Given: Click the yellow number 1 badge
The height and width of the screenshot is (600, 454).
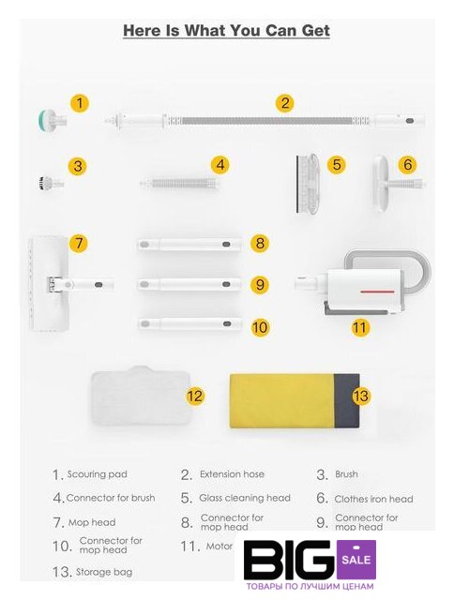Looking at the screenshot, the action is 79,103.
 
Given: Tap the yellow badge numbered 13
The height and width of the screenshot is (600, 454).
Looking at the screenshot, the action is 360,396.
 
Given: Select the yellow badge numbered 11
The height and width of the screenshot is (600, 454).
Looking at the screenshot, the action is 360,327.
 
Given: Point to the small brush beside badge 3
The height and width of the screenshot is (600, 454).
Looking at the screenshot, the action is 51,183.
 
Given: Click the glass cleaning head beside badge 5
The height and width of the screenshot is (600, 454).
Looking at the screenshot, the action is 308,184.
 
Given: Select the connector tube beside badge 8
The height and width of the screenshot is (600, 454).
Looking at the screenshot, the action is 189,244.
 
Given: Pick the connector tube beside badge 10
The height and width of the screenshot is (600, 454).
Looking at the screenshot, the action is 189,323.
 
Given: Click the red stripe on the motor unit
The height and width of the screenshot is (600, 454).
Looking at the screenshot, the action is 377,292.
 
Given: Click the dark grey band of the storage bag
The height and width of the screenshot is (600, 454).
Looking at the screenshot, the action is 347,401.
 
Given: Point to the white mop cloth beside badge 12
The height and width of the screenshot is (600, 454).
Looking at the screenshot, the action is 140,396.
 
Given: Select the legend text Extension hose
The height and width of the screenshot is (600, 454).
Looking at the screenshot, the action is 232,474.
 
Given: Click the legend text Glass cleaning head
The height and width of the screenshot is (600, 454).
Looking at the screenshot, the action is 245,498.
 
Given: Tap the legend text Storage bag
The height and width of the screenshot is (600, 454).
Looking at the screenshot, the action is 104,572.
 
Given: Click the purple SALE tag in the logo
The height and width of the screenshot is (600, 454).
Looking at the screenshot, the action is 356,559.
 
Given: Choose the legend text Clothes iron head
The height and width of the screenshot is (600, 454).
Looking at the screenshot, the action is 373,499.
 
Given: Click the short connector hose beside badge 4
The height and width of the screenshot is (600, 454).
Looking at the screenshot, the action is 180,184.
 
